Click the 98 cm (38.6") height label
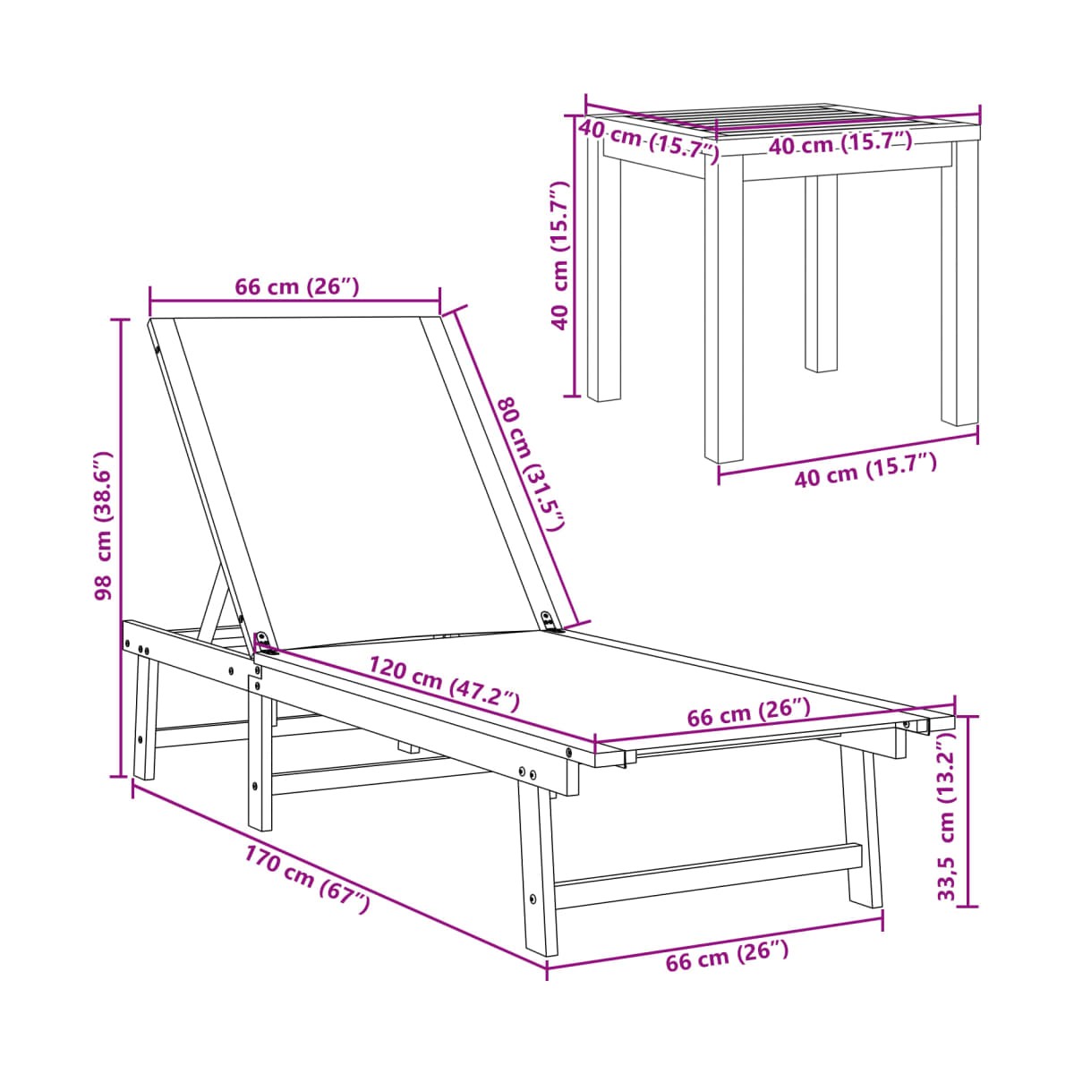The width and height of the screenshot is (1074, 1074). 104,525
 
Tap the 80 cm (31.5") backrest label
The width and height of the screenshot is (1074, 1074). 530,462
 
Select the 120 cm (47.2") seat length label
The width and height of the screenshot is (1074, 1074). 444,684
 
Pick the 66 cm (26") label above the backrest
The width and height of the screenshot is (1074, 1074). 296,287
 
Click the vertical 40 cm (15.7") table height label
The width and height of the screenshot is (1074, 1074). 559,255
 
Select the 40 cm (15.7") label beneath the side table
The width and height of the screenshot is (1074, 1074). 865,470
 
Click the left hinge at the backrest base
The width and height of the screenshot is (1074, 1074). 265,642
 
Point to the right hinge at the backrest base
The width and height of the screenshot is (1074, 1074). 551,620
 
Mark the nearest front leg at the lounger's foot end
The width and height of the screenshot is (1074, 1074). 535,870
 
